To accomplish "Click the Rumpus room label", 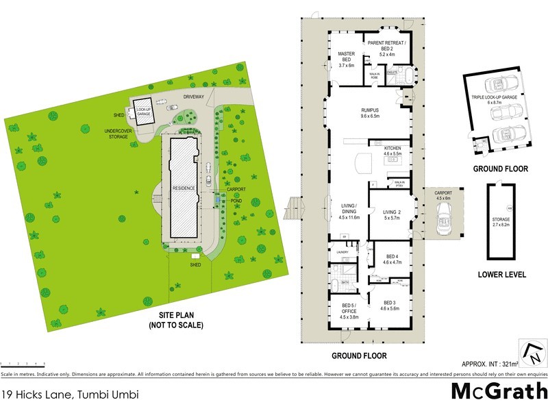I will tap(371, 113).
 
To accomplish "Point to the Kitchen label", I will tap(392, 151).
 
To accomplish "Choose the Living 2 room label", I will tap(393, 214).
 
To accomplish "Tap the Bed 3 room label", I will tap(389, 305).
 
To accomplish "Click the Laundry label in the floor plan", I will tap(343, 252).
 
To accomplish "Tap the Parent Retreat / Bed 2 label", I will tap(387, 45).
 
